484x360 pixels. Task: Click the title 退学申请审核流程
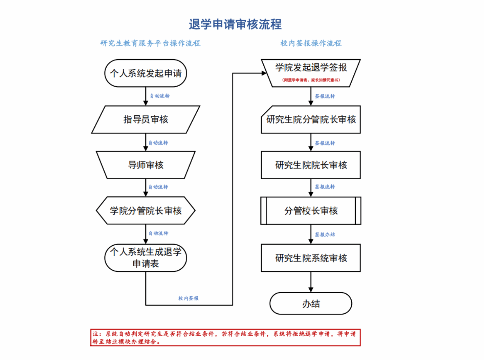235,24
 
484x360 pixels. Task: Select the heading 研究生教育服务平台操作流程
150,43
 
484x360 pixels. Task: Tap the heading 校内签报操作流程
311,43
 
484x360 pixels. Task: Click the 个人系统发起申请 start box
146,73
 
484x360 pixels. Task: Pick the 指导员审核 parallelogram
146,119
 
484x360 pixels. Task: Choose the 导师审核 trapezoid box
146,165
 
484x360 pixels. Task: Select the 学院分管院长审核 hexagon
146,210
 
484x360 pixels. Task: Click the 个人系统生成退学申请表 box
146,258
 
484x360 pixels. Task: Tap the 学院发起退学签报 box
311,73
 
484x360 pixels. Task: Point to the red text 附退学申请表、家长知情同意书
311,80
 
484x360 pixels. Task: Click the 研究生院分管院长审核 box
311,119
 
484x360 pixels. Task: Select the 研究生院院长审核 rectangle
311,165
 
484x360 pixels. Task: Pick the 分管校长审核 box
311,210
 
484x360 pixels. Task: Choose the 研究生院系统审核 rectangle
311,258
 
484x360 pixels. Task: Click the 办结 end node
311,303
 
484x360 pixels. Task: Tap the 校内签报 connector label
189,298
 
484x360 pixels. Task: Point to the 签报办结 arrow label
325,234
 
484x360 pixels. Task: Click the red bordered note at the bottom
225,338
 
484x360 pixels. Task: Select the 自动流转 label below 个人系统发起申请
160,96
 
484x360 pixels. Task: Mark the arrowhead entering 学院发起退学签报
264,73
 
